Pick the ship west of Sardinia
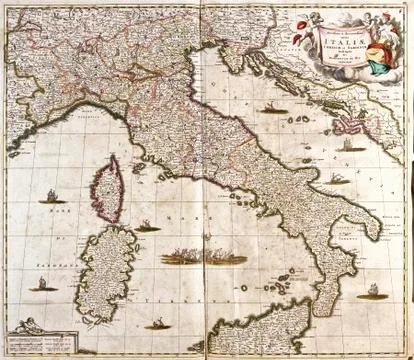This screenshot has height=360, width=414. pos(42,284)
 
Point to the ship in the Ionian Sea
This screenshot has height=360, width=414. pos(369,292)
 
